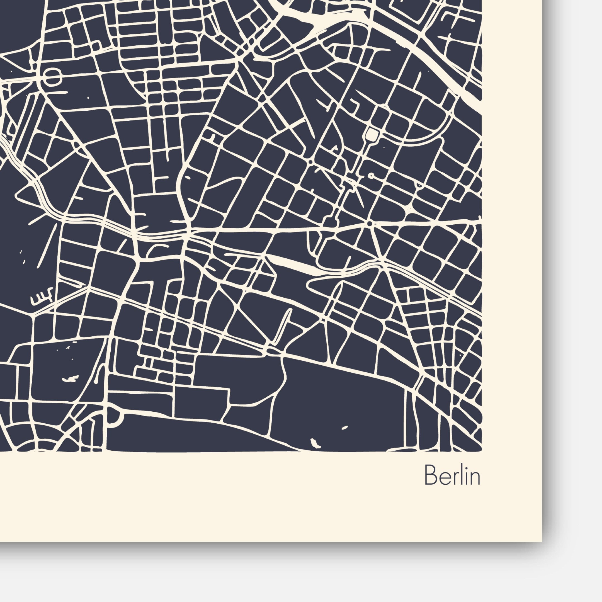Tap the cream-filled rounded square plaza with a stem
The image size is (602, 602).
point(372,134)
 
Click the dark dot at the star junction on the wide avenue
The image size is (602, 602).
point(369,224)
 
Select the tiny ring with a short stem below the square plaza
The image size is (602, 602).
point(371,176)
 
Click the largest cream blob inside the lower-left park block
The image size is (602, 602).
point(71,378)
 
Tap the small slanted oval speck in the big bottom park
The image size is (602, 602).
point(345,427)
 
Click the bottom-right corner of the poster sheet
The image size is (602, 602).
point(541,541)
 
